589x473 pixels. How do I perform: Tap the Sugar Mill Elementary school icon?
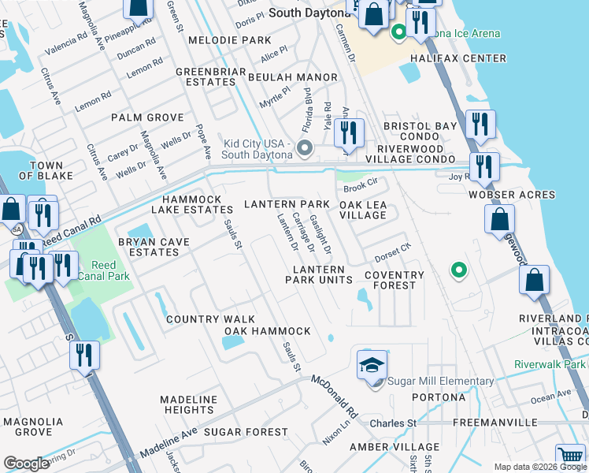point(372,365)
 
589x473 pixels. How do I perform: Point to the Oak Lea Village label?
point(363,210)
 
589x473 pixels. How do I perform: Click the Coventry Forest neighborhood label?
point(395,281)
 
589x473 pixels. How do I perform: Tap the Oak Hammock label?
point(267,331)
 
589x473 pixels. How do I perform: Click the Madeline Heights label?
point(188,405)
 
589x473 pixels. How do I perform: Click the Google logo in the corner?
point(26,464)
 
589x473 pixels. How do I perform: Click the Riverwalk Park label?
point(550,364)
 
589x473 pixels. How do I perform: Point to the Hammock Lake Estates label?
point(198,205)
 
